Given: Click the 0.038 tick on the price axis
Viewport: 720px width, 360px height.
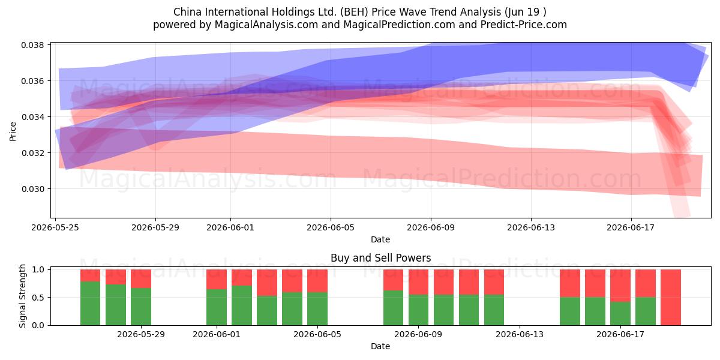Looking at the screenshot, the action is coord(32,45).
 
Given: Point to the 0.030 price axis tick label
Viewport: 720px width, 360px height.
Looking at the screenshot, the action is coord(32,189).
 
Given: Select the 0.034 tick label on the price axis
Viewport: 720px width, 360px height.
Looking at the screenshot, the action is coord(32,117).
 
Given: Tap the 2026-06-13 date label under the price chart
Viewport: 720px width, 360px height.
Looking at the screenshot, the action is coord(530,227).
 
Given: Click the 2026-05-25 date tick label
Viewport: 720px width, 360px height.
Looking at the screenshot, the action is coord(55,227).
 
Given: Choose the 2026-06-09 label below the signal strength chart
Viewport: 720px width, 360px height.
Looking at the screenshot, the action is coord(418,334).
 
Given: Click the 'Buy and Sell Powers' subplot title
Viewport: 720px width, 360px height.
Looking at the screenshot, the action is coord(380,258).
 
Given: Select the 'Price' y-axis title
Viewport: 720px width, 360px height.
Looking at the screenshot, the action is coord(13,131).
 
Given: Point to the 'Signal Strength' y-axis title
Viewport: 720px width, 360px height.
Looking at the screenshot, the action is coord(22,296).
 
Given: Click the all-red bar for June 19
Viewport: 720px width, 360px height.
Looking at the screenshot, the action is coord(671,298).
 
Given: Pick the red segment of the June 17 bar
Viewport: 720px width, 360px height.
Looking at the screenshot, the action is coord(620,286).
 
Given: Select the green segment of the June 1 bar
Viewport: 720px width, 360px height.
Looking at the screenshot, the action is coord(217,307).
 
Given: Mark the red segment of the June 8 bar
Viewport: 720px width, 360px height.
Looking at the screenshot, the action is coord(393,280).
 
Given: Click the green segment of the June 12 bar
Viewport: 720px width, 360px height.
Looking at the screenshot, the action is coord(494,310).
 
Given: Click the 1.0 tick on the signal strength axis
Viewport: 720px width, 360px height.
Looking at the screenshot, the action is coord(38,269).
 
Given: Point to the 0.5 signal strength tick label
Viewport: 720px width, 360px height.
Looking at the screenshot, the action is coord(38,298).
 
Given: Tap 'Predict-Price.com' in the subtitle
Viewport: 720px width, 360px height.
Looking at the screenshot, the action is coord(524,25).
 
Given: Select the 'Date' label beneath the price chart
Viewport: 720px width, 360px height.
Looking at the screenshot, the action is coord(380,239).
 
